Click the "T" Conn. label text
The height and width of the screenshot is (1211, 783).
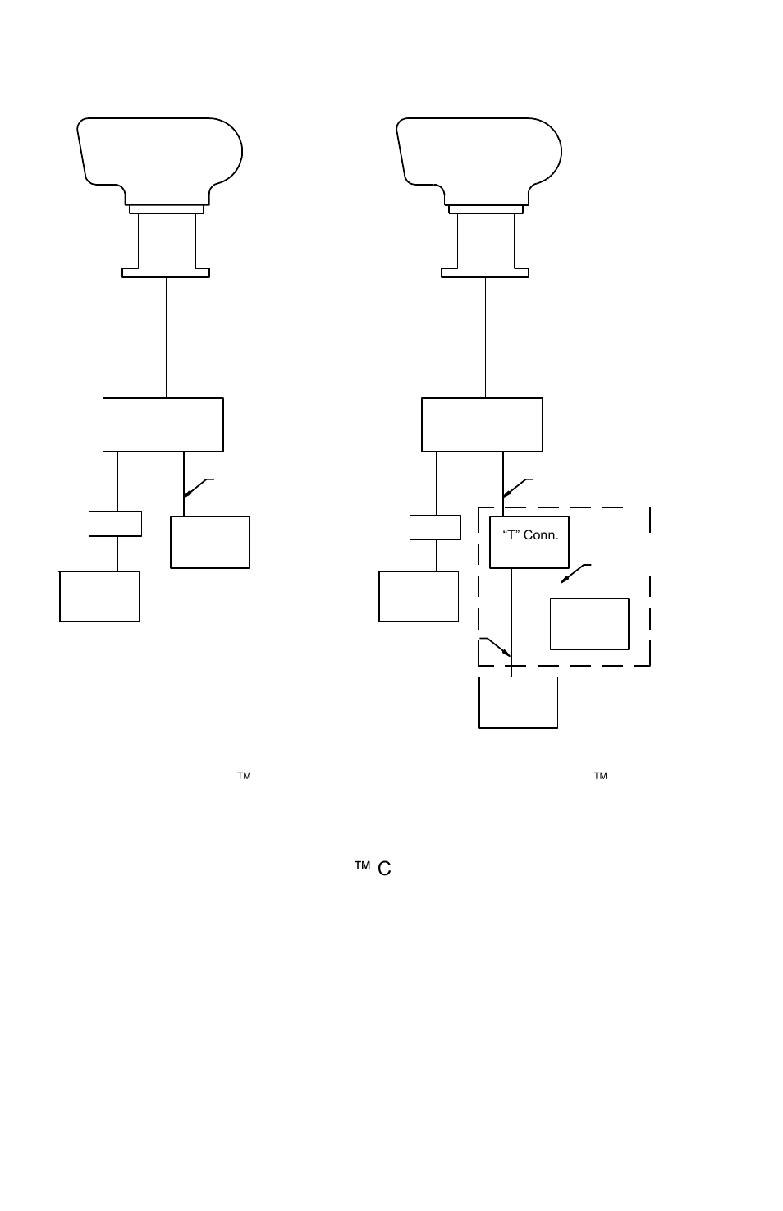tap(530, 535)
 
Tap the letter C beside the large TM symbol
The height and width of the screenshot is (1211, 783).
tap(384, 869)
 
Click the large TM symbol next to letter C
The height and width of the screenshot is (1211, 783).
tap(363, 865)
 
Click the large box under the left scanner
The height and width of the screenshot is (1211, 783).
tap(163, 424)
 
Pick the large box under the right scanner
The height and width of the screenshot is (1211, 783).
tap(482, 424)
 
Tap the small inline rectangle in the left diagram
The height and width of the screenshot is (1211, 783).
tap(115, 524)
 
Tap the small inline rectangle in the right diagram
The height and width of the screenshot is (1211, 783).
tap(435, 528)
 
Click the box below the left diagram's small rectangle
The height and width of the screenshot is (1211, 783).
tap(99, 596)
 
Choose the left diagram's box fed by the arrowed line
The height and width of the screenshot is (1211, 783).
tap(209, 542)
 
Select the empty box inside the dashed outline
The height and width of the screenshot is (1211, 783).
tap(589, 624)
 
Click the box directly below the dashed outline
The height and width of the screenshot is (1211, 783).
tap(518, 702)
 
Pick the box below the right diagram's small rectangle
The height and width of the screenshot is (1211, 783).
tap(419, 596)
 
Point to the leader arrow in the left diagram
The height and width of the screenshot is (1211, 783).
tap(197, 488)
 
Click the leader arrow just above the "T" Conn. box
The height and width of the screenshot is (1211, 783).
tap(516, 488)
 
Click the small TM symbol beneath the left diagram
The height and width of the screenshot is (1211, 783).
tap(244, 775)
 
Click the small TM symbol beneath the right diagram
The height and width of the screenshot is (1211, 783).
tap(600, 775)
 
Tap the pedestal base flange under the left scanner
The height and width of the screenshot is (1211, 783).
tap(166, 272)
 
